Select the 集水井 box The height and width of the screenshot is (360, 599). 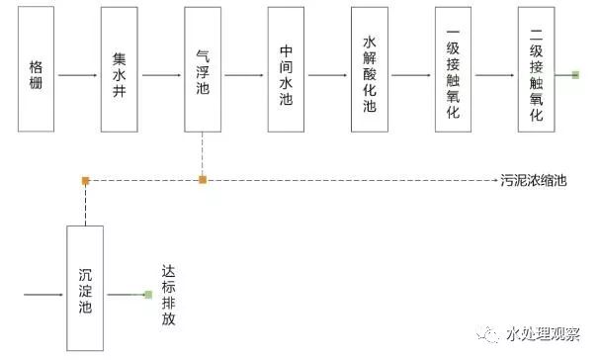tap(119, 73)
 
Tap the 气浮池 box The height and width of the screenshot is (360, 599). tap(203, 73)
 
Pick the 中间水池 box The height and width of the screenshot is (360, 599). tap(286, 73)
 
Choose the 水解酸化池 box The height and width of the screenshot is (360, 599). tap(370, 73)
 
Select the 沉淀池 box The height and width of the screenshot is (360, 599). tap(85, 288)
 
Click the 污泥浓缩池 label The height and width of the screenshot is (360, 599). tap(535, 181)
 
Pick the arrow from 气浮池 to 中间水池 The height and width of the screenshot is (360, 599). tap(244, 74)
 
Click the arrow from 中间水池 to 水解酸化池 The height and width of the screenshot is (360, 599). tap(327, 74)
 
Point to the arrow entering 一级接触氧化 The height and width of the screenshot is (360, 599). tap(411, 74)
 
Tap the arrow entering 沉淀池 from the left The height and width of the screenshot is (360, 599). tap(44, 295)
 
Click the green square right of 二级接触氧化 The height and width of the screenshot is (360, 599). tap(574, 74)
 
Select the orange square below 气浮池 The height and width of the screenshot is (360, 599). tap(203, 180)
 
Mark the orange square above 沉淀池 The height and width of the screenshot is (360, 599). tap(85, 180)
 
